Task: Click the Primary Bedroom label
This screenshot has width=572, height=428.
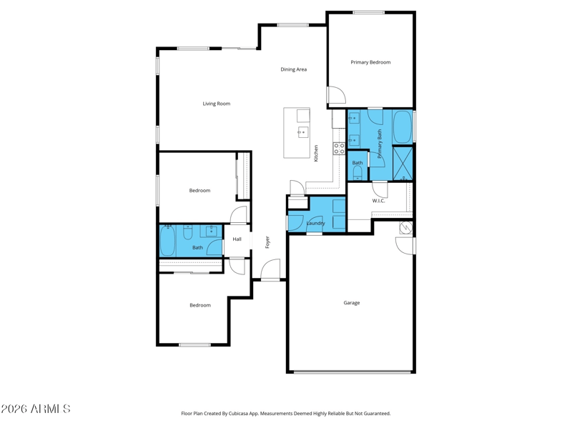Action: [x=370, y=62]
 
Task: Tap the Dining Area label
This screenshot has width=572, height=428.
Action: [x=293, y=69]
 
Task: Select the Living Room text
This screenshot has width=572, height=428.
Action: [x=217, y=104]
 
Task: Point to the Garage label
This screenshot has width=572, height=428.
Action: [x=351, y=302]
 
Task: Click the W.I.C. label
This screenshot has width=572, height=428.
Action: [x=378, y=201]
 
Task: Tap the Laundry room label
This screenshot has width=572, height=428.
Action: [x=315, y=223]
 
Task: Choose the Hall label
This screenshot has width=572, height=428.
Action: [x=237, y=239]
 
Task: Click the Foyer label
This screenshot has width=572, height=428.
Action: [x=267, y=242]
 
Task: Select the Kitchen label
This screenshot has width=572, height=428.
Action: [x=316, y=153]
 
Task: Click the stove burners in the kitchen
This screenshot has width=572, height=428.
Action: [x=339, y=148]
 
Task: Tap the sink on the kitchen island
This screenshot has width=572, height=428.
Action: [x=302, y=132]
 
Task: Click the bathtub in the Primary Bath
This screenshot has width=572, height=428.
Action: [x=402, y=127]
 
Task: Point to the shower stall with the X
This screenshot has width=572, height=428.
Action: [x=403, y=162]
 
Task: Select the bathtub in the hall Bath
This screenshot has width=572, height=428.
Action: [x=167, y=241]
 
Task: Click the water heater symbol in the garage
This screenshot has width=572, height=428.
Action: [x=406, y=227]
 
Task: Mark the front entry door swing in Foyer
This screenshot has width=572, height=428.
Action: [x=270, y=269]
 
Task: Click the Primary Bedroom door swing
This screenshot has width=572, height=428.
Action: [x=336, y=95]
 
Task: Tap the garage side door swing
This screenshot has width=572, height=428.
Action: [x=405, y=246]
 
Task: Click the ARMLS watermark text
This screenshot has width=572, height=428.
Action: [x=35, y=409]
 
